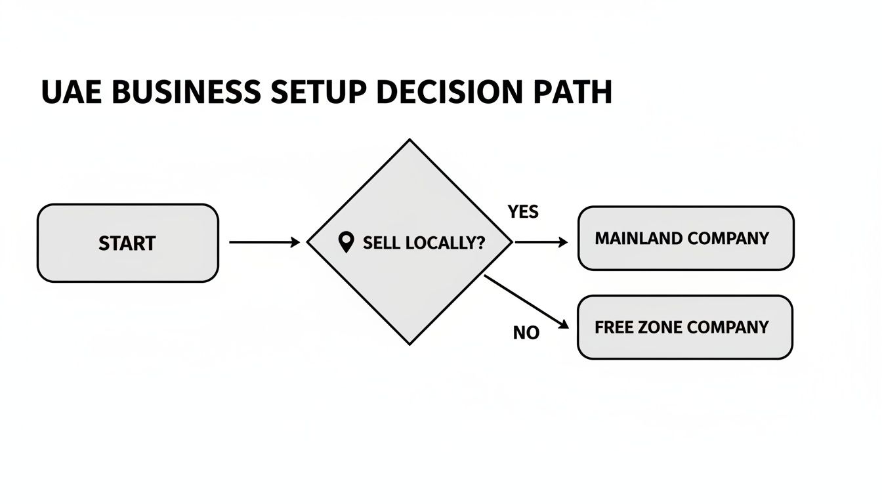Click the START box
point(127,243)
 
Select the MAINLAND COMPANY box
point(685,238)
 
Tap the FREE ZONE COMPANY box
point(684,327)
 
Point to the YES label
point(523,212)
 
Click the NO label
point(526,333)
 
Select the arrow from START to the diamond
point(264,242)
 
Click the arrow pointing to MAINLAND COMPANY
point(541,242)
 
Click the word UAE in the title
point(72,93)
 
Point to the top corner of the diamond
point(410,141)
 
